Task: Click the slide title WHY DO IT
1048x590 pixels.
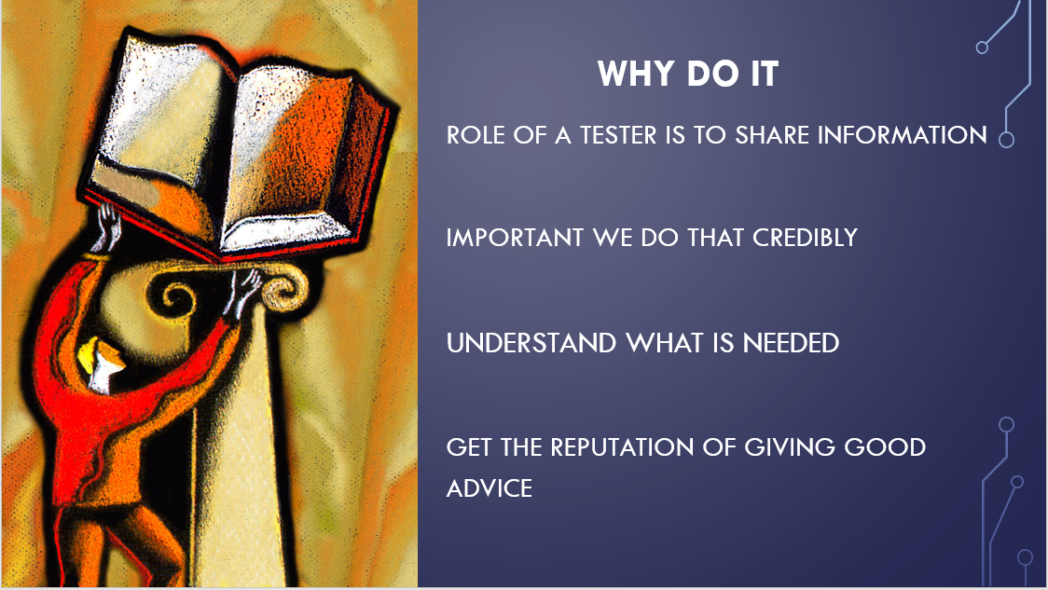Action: point(688,75)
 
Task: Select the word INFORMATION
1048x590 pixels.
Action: point(902,135)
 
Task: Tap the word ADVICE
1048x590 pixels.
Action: point(490,487)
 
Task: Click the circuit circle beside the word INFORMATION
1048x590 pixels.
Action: point(1005,140)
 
